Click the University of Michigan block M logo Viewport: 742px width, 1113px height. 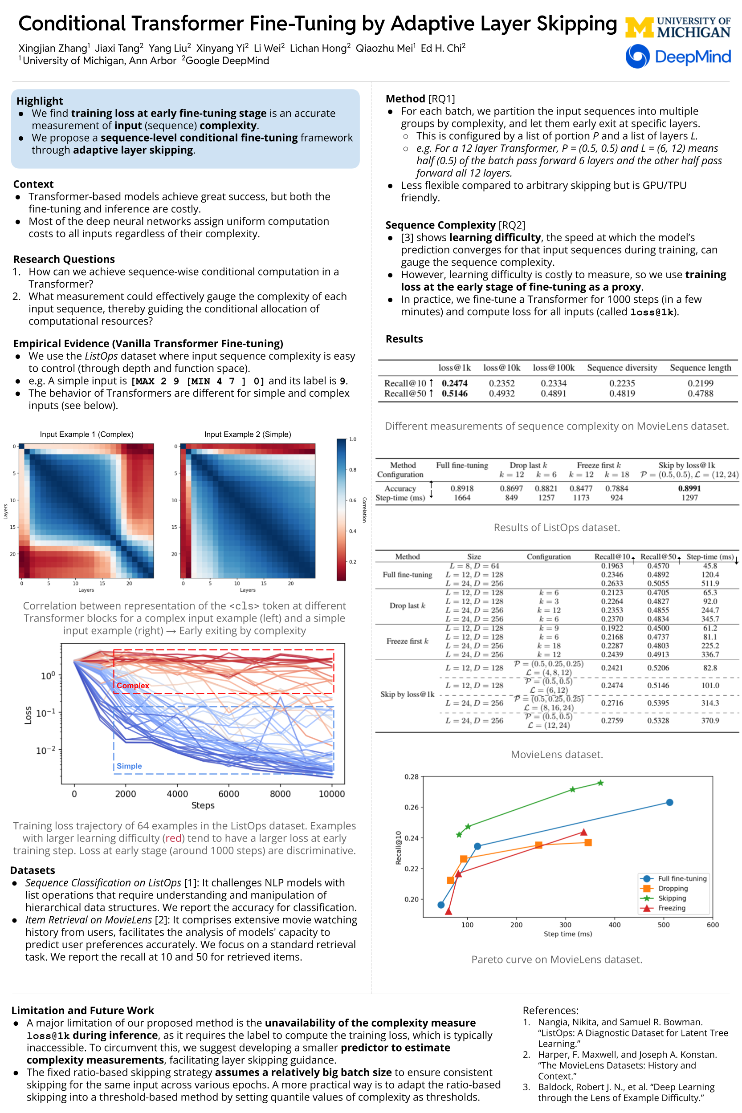639,27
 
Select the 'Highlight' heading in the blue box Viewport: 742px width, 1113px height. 40,101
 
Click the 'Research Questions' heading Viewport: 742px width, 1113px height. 64,259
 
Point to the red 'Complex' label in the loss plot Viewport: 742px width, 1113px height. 133,686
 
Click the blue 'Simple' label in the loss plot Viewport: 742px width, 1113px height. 129,766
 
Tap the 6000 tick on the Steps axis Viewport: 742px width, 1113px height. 228,794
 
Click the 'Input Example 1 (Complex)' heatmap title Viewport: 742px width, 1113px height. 86,434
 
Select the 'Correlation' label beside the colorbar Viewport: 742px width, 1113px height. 364,509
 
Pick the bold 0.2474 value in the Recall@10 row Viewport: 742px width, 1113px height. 454,383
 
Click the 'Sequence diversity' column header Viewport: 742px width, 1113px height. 622,368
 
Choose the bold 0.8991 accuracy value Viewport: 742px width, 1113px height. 689,488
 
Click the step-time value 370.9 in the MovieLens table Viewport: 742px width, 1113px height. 710,720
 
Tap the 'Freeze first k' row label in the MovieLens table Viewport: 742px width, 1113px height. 407,641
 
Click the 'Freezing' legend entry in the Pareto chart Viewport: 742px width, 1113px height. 672,908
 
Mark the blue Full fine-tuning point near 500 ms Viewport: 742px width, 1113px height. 669,802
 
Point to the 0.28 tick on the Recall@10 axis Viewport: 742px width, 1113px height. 411,777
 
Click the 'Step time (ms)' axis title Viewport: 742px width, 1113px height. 567,934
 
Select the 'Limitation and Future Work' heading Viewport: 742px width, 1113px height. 83,1010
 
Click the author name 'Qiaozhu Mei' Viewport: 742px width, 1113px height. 384,48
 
